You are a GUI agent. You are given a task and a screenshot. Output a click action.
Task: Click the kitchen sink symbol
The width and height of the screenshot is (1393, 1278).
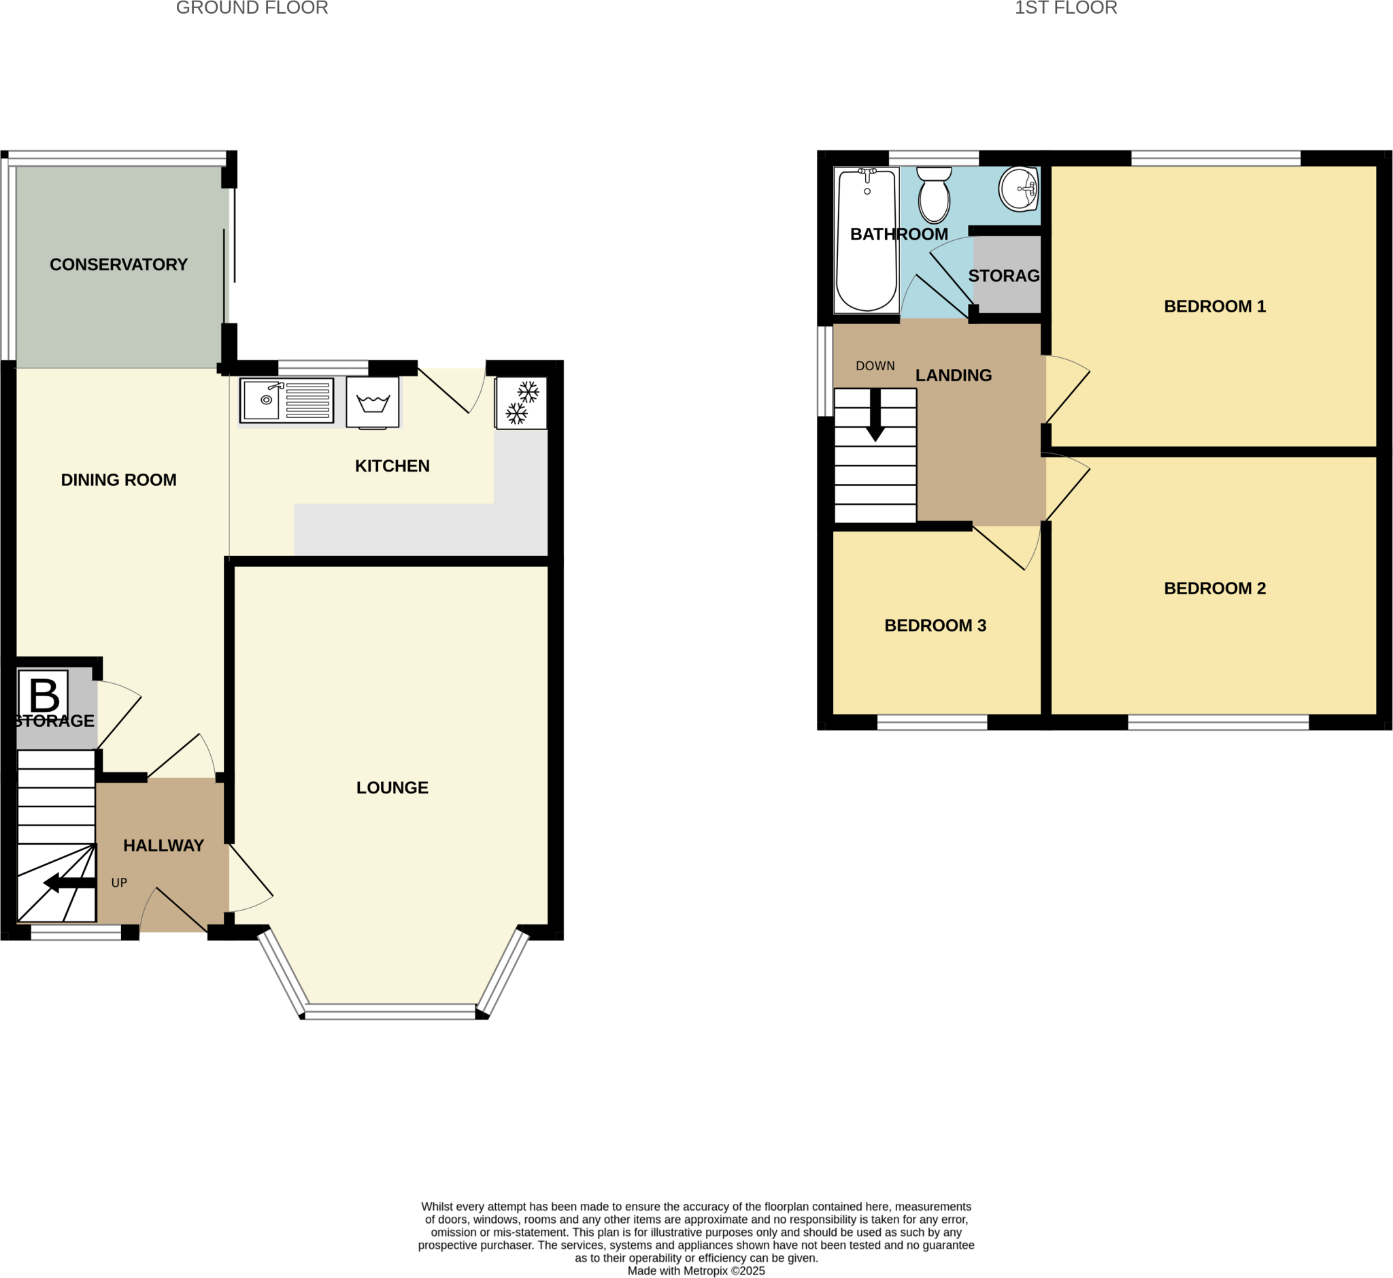coord(286,399)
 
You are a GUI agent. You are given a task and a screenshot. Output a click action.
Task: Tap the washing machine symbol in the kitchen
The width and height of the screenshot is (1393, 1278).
coord(373,402)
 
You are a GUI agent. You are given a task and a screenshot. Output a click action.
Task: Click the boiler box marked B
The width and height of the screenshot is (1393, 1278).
coord(44,694)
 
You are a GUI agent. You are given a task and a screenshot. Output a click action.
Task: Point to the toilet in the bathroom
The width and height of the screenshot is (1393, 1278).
coord(934,195)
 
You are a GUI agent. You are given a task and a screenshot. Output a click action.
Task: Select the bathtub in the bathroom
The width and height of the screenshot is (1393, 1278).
coord(867,240)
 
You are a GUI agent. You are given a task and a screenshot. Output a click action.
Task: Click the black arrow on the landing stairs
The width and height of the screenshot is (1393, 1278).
coord(875,416)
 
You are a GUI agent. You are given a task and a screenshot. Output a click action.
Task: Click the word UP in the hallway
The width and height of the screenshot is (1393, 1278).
coord(119,883)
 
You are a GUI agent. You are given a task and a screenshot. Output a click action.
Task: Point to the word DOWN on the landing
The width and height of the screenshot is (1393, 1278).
coord(875,366)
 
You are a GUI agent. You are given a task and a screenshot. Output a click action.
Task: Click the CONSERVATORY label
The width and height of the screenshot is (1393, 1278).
coord(119,265)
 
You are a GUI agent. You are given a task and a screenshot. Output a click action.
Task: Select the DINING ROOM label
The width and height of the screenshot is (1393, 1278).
coord(119,480)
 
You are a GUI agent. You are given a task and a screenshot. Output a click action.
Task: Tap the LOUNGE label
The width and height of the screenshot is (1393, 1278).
coord(392,787)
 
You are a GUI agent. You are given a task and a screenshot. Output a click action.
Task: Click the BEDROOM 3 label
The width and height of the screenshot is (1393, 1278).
coord(935,626)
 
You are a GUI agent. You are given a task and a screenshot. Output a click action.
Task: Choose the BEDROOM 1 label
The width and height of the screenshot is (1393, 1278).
coord(1215,306)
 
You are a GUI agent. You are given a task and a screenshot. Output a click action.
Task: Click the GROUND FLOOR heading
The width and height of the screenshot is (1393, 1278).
coord(252,8)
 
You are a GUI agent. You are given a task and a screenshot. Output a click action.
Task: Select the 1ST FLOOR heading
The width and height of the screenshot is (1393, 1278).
coord(1065,8)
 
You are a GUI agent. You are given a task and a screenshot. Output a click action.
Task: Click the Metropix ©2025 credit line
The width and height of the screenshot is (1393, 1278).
coord(696,1271)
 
